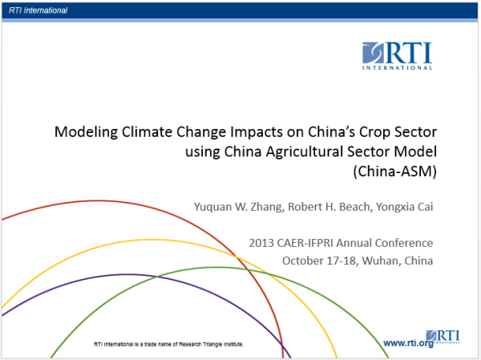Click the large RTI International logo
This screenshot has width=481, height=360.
point(398,56)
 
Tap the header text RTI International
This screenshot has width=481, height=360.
point(38,10)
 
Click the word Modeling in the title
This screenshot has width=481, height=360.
point(86,132)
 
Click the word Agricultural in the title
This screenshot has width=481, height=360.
point(305,152)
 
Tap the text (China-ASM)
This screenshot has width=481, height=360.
point(395,172)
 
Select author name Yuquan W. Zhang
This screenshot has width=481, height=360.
point(238,207)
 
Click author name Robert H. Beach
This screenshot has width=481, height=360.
point(329,207)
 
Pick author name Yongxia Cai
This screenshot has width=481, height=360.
point(404,207)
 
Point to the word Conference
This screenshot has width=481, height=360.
point(404,243)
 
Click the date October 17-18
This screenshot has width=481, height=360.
point(319,261)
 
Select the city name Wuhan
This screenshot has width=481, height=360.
point(380,261)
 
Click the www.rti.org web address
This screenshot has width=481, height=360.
point(408,343)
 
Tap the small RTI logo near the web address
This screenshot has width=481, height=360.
point(443,337)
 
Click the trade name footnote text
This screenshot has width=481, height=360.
point(168,344)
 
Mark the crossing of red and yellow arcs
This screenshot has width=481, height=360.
point(236,256)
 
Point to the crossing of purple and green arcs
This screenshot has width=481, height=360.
point(157,277)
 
